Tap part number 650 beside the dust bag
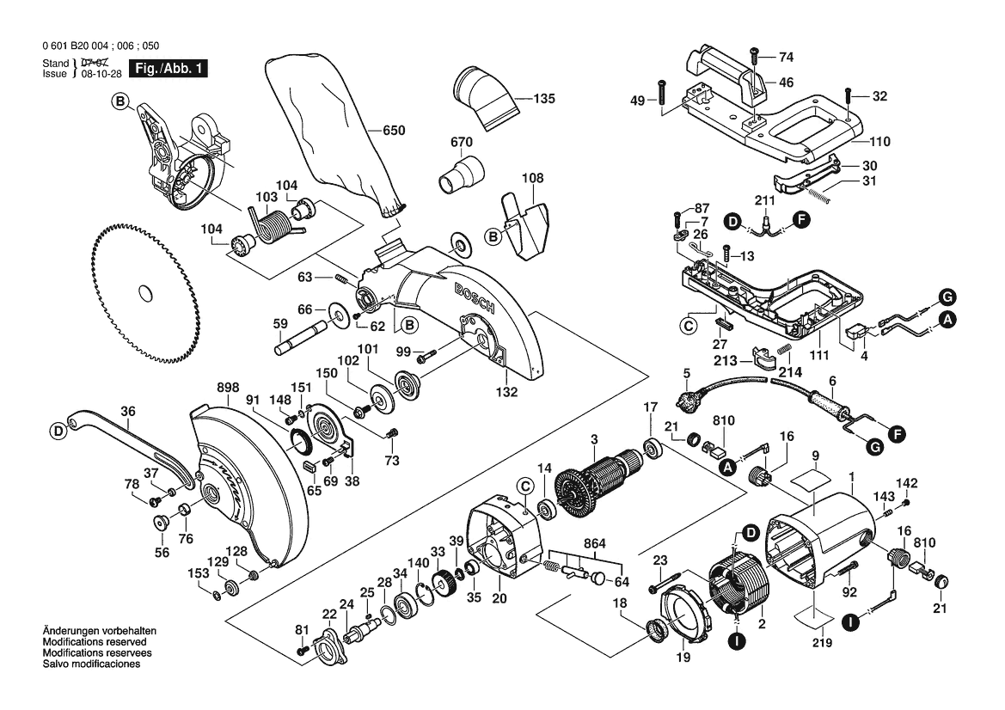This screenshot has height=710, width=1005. click(x=393, y=131)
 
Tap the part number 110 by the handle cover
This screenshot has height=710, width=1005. click(x=879, y=142)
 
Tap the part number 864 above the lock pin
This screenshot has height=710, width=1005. click(x=593, y=544)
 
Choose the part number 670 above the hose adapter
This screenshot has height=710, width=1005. click(x=462, y=142)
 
